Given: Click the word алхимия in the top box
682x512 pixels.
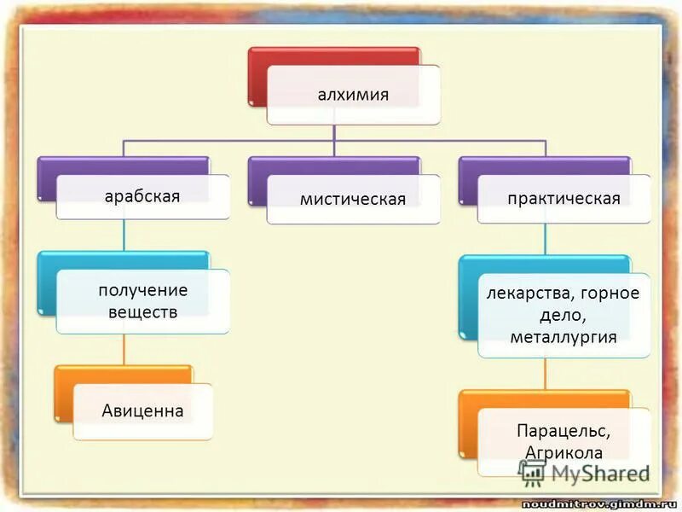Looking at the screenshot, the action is point(353,95).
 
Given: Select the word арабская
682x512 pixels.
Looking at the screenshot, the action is point(142,196).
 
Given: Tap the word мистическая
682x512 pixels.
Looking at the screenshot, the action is point(352,200).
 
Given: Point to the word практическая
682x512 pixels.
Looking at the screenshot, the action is point(563,199).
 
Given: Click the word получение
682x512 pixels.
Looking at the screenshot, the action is point(142,290).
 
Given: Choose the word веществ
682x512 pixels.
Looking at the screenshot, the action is point(142,311).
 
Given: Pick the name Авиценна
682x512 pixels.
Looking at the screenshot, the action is point(142,411).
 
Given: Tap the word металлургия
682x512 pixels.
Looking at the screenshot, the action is point(564,338).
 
